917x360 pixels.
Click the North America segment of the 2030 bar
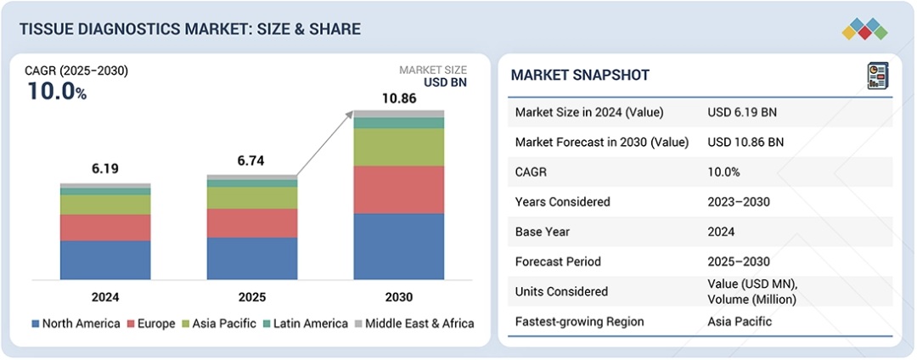399,246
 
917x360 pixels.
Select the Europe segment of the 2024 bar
105,227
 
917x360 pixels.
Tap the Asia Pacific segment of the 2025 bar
252,197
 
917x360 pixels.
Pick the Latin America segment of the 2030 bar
399,123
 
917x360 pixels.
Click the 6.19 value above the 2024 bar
105,169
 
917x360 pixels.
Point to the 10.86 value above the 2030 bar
399,98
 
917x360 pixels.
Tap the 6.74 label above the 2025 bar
252,161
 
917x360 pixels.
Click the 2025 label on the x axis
252,297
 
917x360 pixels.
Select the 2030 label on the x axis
399,297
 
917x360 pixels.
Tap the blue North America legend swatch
36,323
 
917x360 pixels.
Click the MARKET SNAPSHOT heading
580,76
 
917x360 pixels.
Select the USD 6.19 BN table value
741,112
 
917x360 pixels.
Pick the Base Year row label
543,232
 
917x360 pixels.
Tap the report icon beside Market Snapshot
877,76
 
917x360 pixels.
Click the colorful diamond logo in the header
864,30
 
